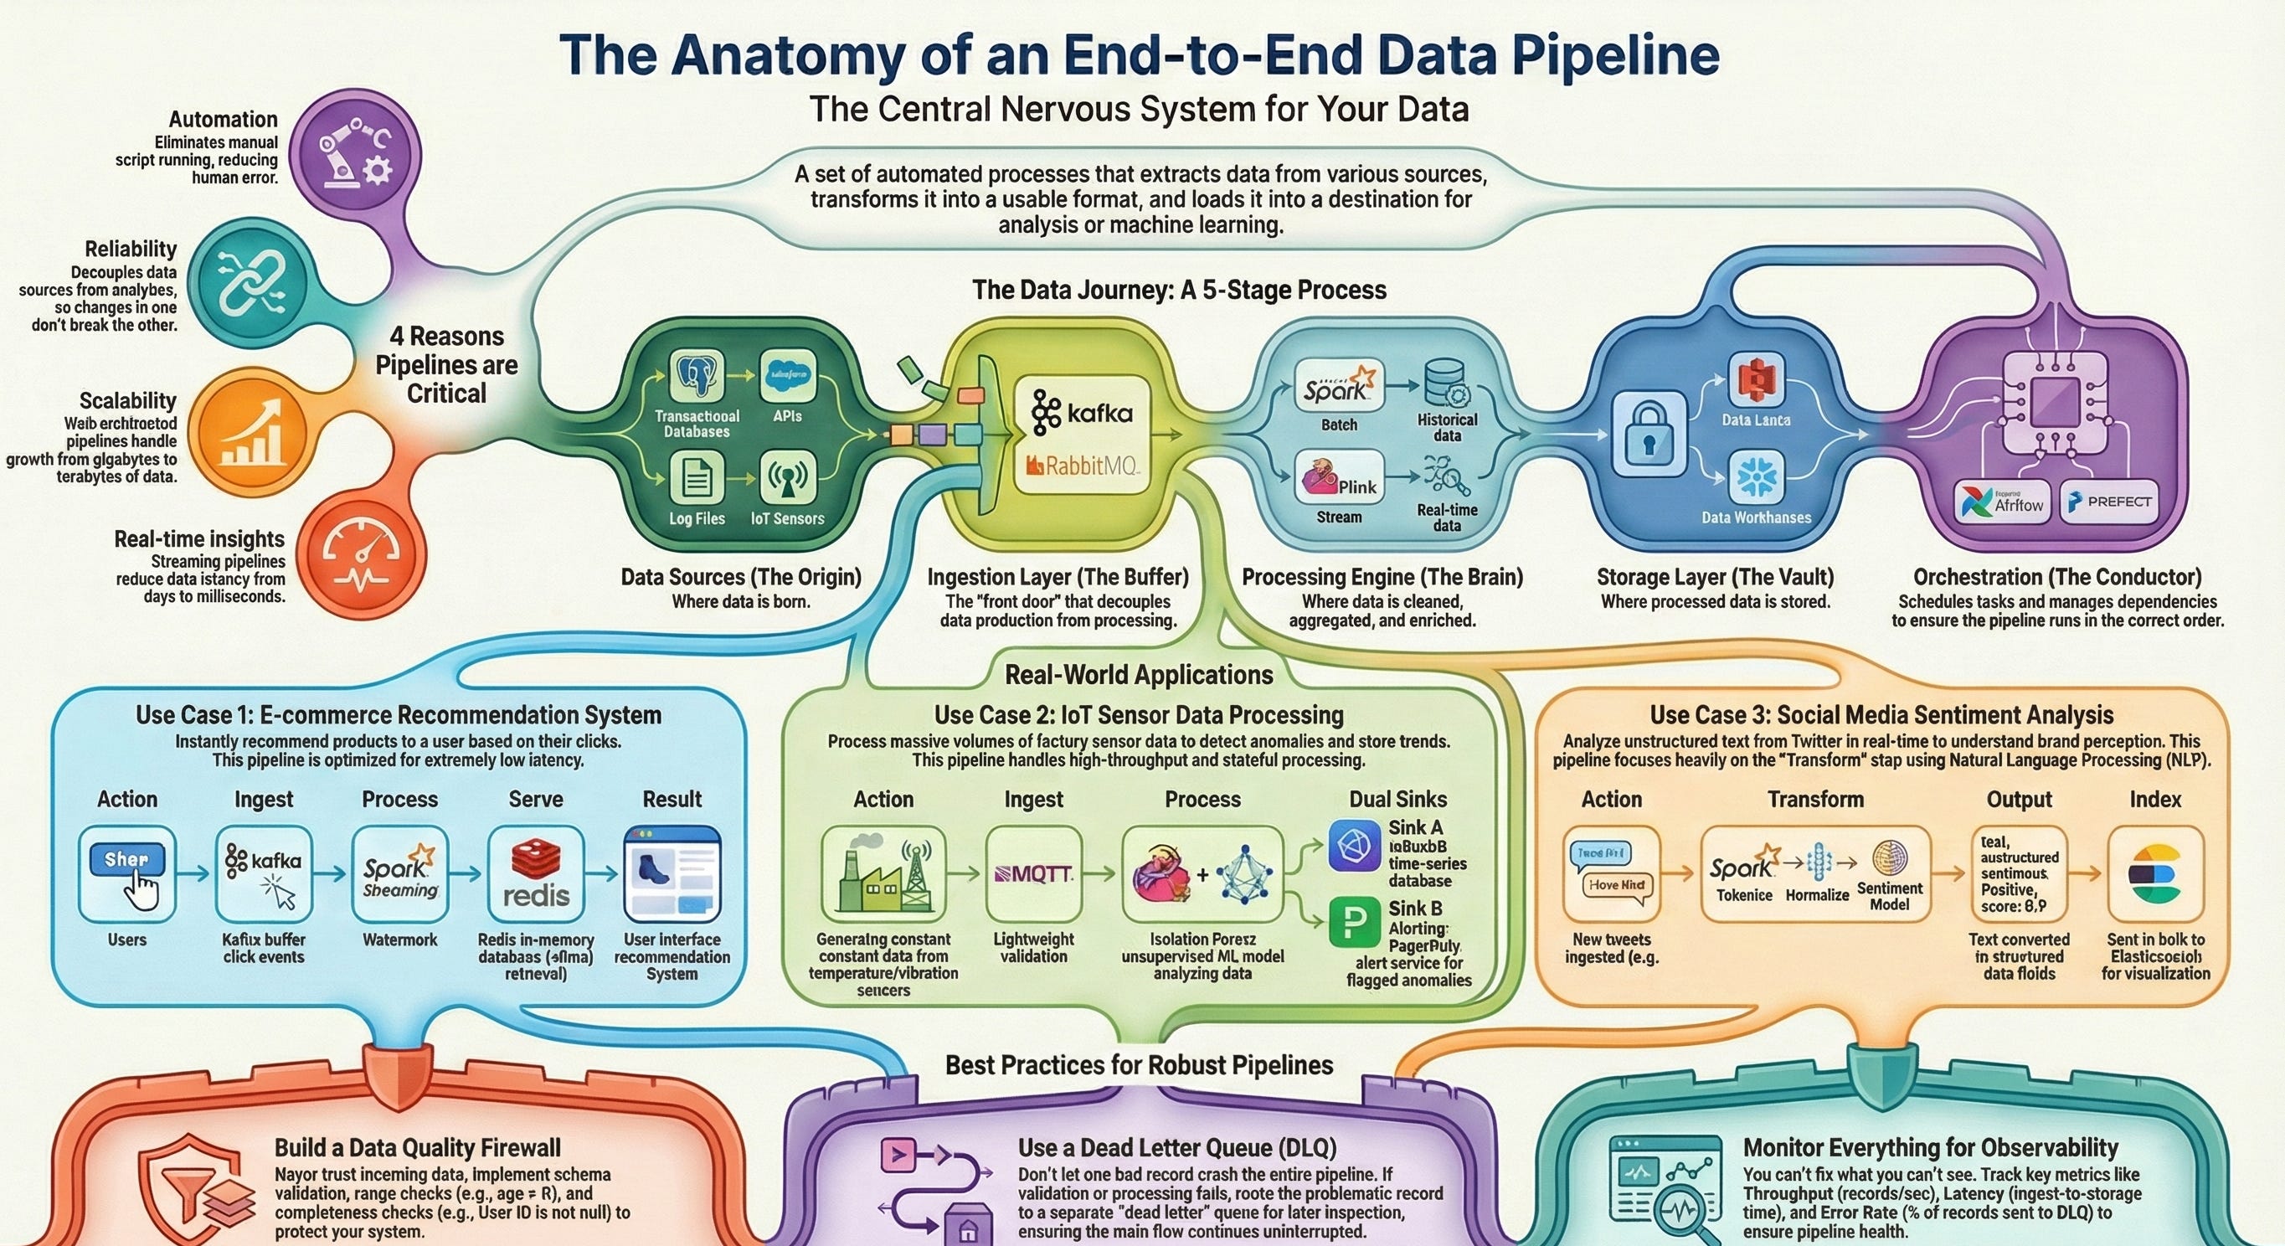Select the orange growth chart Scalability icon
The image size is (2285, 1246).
pos(252,435)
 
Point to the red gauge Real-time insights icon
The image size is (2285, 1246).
pos(359,555)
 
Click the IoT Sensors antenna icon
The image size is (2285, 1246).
pos(788,479)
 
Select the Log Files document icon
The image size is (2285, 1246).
pos(697,479)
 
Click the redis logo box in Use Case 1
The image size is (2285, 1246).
pos(536,874)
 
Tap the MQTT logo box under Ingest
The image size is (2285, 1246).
pos(1033,874)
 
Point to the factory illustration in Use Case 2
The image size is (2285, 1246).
pos(883,874)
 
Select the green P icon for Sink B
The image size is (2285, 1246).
pos(1354,922)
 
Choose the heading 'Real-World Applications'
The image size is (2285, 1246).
pos(1139,675)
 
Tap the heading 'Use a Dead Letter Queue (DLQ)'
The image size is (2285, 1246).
pos(1177,1147)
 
